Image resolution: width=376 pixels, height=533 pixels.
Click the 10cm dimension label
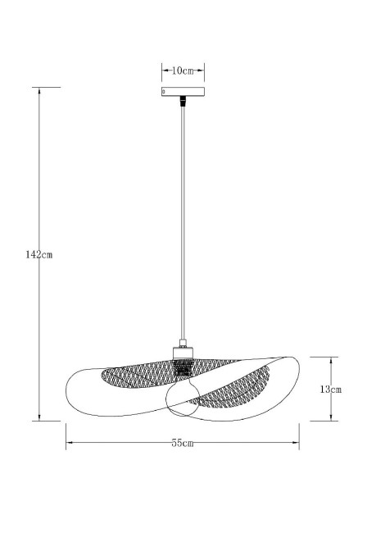[x=183, y=71]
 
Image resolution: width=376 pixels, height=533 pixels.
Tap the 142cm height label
[x=39, y=254]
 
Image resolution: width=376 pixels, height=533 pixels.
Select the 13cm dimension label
[x=330, y=389]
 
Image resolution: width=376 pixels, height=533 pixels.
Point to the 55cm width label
[x=183, y=443]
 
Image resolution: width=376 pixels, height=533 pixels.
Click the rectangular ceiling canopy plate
[x=183, y=92]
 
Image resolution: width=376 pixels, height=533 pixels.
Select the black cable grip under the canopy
[x=183, y=101]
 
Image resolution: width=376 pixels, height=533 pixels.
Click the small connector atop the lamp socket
[x=183, y=343]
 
